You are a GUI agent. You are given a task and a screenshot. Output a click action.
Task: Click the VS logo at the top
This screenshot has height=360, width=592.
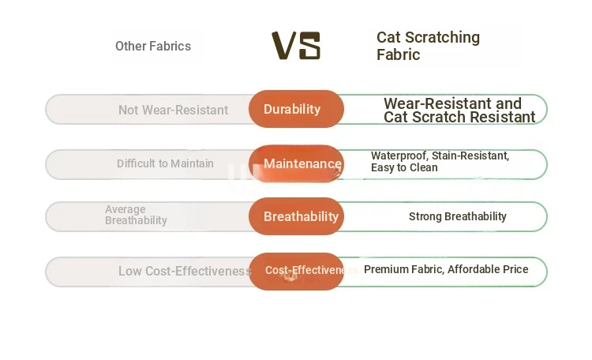[x=296, y=46]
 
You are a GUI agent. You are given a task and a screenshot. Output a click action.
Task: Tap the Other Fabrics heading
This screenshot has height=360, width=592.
[x=153, y=46]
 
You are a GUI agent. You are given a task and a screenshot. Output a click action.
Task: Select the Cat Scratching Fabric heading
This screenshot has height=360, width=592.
[x=428, y=46]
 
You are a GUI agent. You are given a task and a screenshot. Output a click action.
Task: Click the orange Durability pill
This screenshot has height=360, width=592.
[x=296, y=109]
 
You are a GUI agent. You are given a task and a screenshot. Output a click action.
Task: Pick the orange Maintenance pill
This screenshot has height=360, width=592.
[x=296, y=163]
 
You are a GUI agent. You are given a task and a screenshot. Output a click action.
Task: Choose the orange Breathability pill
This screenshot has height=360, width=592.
[x=296, y=216]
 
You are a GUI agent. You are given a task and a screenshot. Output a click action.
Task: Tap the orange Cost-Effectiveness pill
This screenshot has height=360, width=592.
[x=296, y=272]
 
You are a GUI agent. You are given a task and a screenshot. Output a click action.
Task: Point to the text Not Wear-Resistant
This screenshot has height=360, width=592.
[x=173, y=110]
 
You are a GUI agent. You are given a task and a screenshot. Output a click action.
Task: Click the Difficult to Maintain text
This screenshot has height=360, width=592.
[x=165, y=163]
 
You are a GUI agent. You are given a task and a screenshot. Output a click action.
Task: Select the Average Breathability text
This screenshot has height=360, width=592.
[x=136, y=215]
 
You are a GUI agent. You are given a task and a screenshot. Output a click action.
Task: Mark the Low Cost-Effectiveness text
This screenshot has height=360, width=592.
[x=185, y=271]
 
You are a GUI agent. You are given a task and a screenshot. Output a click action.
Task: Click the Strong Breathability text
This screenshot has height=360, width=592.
[x=458, y=216]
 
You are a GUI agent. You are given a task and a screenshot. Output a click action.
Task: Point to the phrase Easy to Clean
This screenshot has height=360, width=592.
[x=404, y=167]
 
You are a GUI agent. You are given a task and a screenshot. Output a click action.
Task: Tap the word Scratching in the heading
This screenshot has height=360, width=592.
[x=443, y=37]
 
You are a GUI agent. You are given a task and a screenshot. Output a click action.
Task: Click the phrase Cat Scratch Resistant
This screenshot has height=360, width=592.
[x=459, y=117]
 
